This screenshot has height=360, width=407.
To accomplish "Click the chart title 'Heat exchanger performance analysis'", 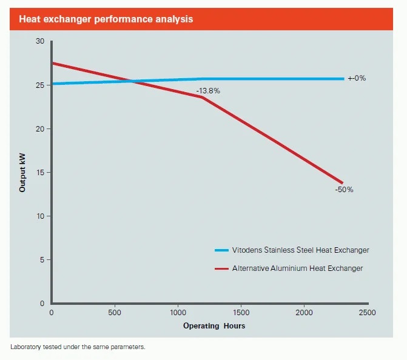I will (106, 19).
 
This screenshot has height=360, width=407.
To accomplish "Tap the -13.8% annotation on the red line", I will (208, 91).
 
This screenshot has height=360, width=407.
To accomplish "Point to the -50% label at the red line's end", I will (344, 190).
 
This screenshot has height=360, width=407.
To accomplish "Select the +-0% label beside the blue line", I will (357, 79).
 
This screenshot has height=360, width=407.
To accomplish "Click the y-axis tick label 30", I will (40, 41).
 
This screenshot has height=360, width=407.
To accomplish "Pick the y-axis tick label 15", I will (40, 173).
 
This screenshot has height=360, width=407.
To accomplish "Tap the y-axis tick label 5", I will (42, 260).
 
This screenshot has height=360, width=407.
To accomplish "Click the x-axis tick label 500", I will (115, 313).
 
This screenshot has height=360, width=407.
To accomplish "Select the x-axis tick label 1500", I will (241, 313).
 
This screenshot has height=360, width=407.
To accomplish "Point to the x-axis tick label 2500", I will (368, 313).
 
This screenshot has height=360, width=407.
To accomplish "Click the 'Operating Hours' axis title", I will (214, 326).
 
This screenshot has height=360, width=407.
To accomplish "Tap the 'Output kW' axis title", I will (23, 172).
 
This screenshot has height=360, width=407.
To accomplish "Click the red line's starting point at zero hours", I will (53, 63).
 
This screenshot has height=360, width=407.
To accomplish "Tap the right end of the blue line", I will (343, 79).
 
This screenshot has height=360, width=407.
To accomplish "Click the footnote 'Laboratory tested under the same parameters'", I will (78, 347).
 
